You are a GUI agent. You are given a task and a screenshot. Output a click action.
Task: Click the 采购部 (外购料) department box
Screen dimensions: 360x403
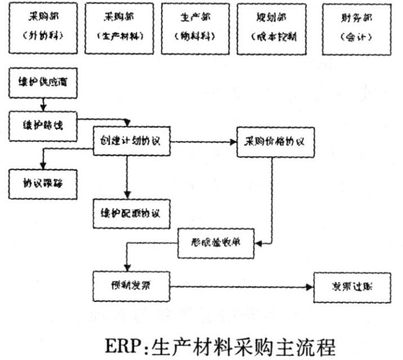[42, 29]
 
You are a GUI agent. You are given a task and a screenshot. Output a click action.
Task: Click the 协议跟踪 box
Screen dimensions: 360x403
[43, 181]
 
